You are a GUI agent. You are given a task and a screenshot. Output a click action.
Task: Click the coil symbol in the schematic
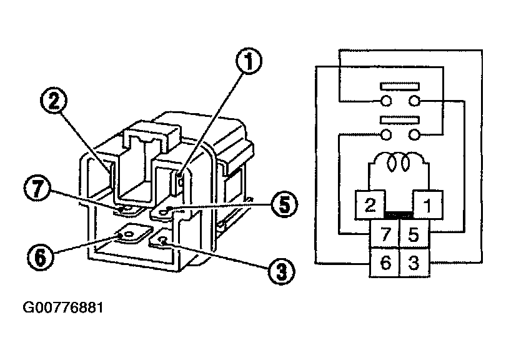pos(397,164)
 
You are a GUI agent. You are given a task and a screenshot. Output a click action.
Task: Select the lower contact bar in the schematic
pos(398,119)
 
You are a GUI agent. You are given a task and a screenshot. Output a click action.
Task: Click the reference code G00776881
pos(63,309)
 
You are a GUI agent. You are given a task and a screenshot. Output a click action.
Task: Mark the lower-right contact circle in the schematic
pos(414,134)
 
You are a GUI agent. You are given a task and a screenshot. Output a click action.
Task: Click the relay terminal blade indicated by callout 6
pos(132,234)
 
